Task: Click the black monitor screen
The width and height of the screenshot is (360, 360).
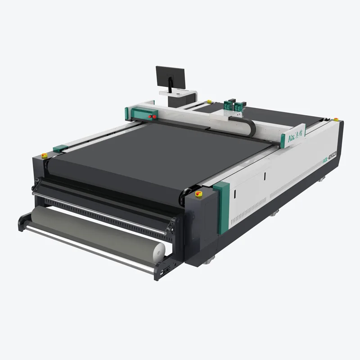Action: point(171,78)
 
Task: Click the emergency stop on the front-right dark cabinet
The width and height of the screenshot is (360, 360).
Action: point(198,193)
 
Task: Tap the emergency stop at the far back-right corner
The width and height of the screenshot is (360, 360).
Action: point(336,119)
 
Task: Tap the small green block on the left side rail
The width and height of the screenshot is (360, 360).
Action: point(60,148)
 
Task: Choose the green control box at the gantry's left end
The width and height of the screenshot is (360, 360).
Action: point(144,113)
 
